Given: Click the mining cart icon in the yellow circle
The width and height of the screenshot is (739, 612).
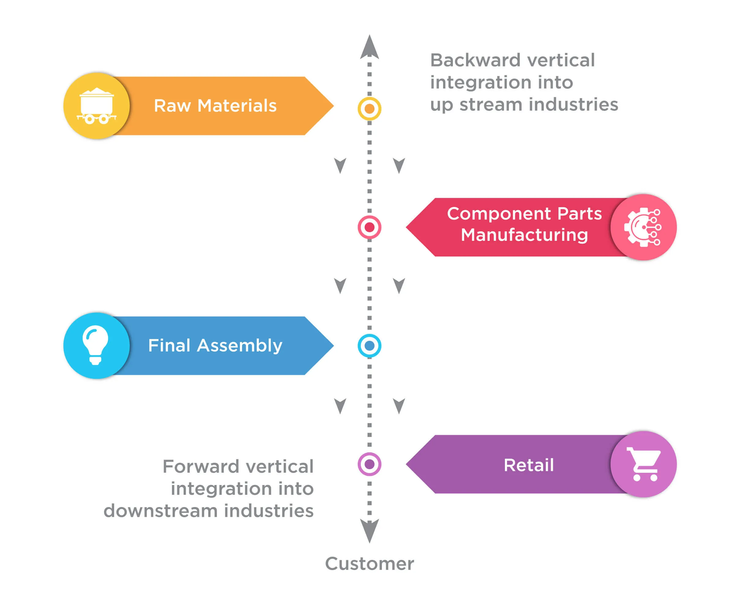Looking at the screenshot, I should point(96,106).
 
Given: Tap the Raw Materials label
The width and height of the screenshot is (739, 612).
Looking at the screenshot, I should point(215,106).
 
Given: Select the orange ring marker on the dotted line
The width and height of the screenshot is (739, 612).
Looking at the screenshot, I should point(369,108).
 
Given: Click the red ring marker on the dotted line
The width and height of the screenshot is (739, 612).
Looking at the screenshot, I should point(369,227).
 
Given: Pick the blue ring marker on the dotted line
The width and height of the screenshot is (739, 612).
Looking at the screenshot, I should point(369,345).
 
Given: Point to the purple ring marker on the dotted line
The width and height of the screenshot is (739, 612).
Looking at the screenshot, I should point(369,464).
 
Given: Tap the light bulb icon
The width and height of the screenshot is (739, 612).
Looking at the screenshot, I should point(95,345).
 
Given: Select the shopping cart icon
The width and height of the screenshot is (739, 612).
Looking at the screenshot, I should point(644,464).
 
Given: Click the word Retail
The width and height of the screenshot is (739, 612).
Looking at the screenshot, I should point(528,465).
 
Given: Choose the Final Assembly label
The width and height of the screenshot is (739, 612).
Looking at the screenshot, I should point(215,345).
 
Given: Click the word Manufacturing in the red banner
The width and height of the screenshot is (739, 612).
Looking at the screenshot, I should point(524,235).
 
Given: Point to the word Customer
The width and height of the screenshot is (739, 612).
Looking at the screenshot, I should point(369,563).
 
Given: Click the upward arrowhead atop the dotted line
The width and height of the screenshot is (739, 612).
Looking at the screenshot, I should point(369,47).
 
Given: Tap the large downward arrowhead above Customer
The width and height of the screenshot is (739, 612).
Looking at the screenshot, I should point(369,530).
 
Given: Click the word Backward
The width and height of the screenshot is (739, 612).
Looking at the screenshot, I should point(476,60).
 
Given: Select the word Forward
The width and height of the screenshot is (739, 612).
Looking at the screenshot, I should point(201,466).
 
